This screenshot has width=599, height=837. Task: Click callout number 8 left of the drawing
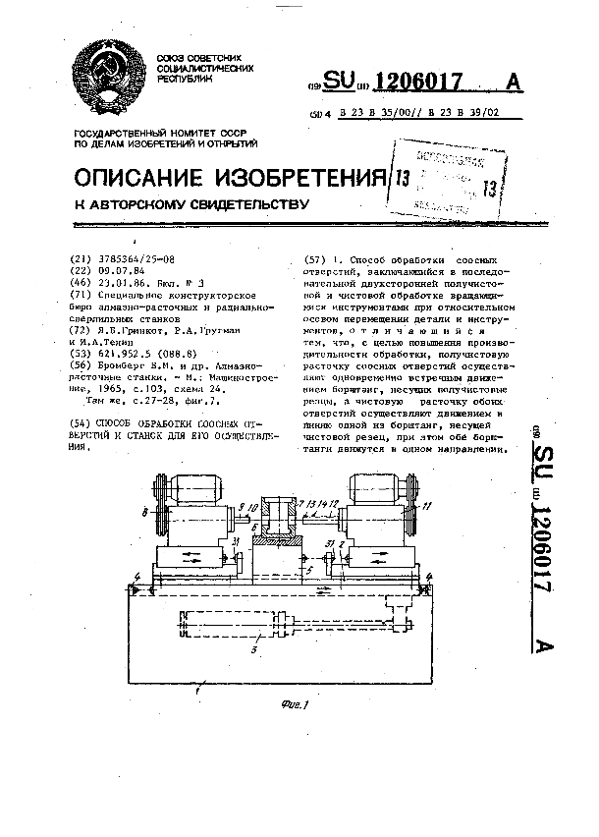pos(144,511)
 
